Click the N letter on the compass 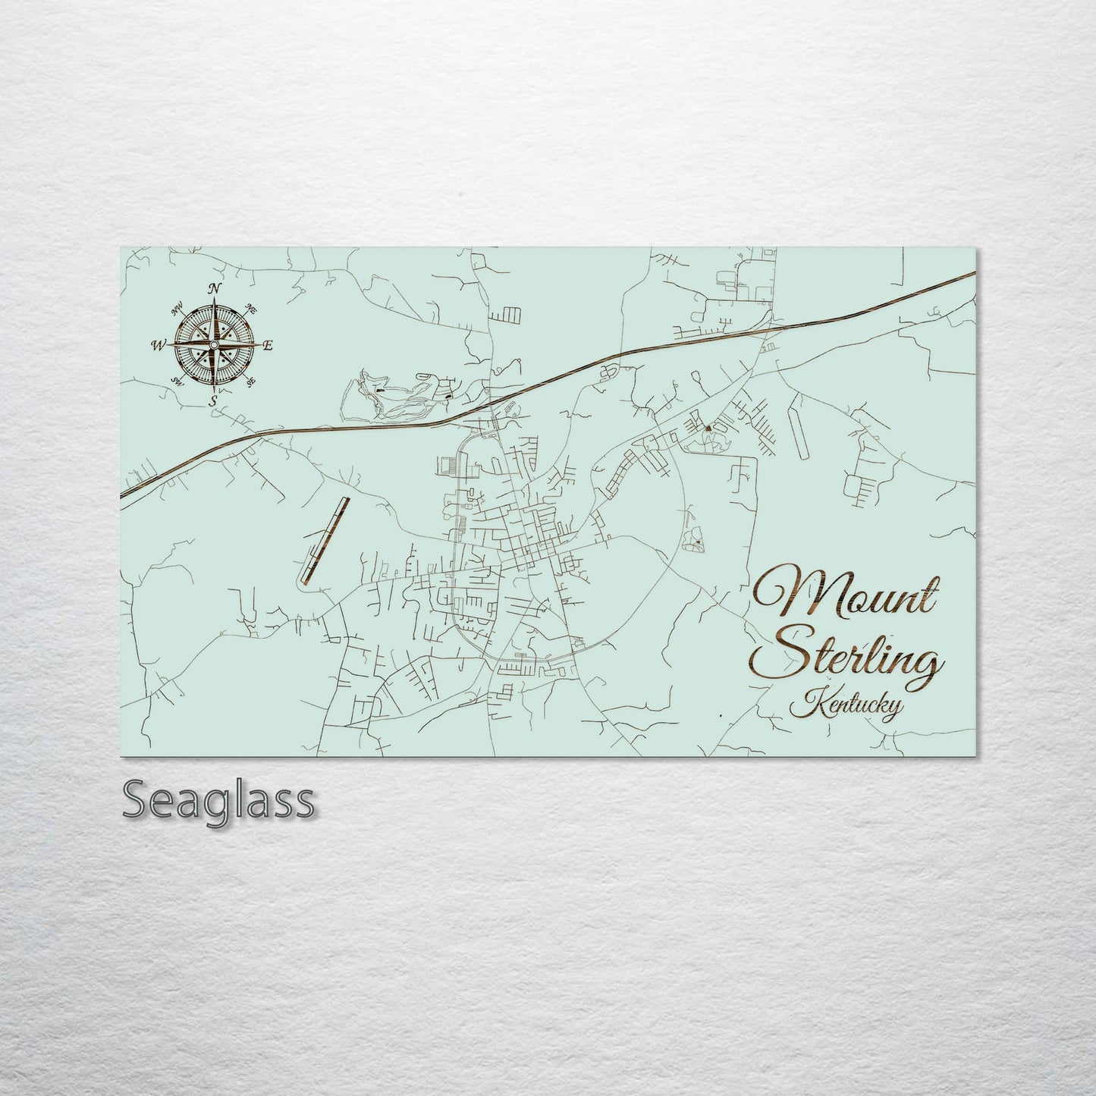pyautogui.click(x=215, y=287)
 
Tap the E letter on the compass pyautogui.click(x=267, y=345)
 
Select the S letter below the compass pyautogui.click(x=214, y=400)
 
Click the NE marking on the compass pyautogui.click(x=251, y=309)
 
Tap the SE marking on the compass pyautogui.click(x=251, y=382)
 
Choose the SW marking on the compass pyautogui.click(x=178, y=382)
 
